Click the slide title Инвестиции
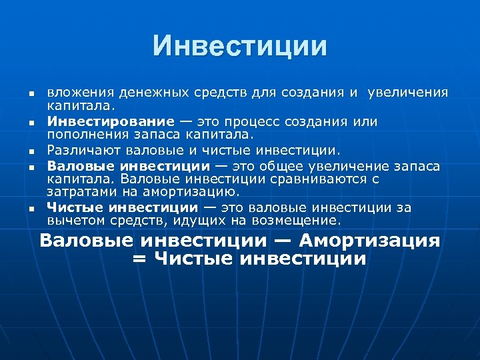pos(240,46)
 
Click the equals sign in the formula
pos(139,259)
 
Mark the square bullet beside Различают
pos(31,153)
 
